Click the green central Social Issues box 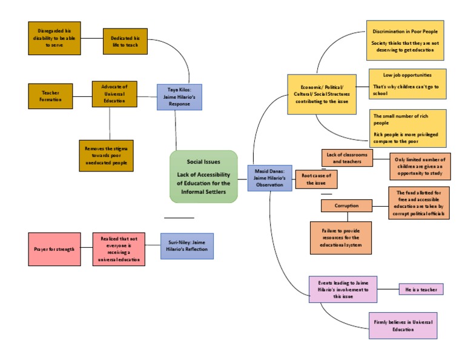tap(203, 176)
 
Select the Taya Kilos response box tap(179, 97)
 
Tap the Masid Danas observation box tap(268, 178)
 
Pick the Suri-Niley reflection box tap(186, 246)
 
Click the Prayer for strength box tap(54, 249)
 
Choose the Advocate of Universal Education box tap(114, 94)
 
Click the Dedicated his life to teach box tap(125, 41)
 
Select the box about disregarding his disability tap(54, 38)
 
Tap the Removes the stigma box tap(106, 156)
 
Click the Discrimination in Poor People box tap(405, 40)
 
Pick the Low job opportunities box tap(407, 84)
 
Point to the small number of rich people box tap(407, 128)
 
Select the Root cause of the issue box tap(316, 179)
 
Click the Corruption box tap(346, 206)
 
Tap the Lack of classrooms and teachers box tap(347, 158)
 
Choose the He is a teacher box tap(421, 289)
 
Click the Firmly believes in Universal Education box tap(403, 325)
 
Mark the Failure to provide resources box tap(340, 238)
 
